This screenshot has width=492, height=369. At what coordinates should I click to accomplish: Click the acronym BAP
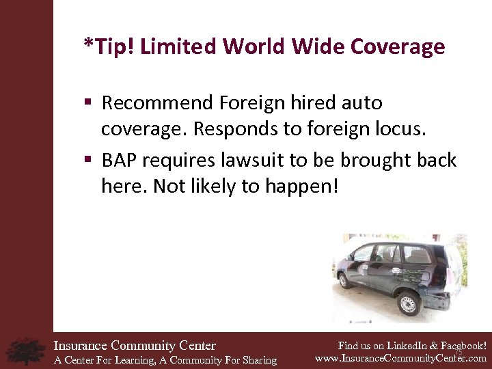(120, 161)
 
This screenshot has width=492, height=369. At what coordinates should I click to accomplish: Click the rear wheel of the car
(409, 301)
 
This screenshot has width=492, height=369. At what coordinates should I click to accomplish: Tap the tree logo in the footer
(26, 351)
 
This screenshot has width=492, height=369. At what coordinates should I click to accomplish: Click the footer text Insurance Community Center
(135, 346)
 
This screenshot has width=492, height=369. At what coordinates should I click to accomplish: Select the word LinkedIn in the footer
(403, 346)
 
